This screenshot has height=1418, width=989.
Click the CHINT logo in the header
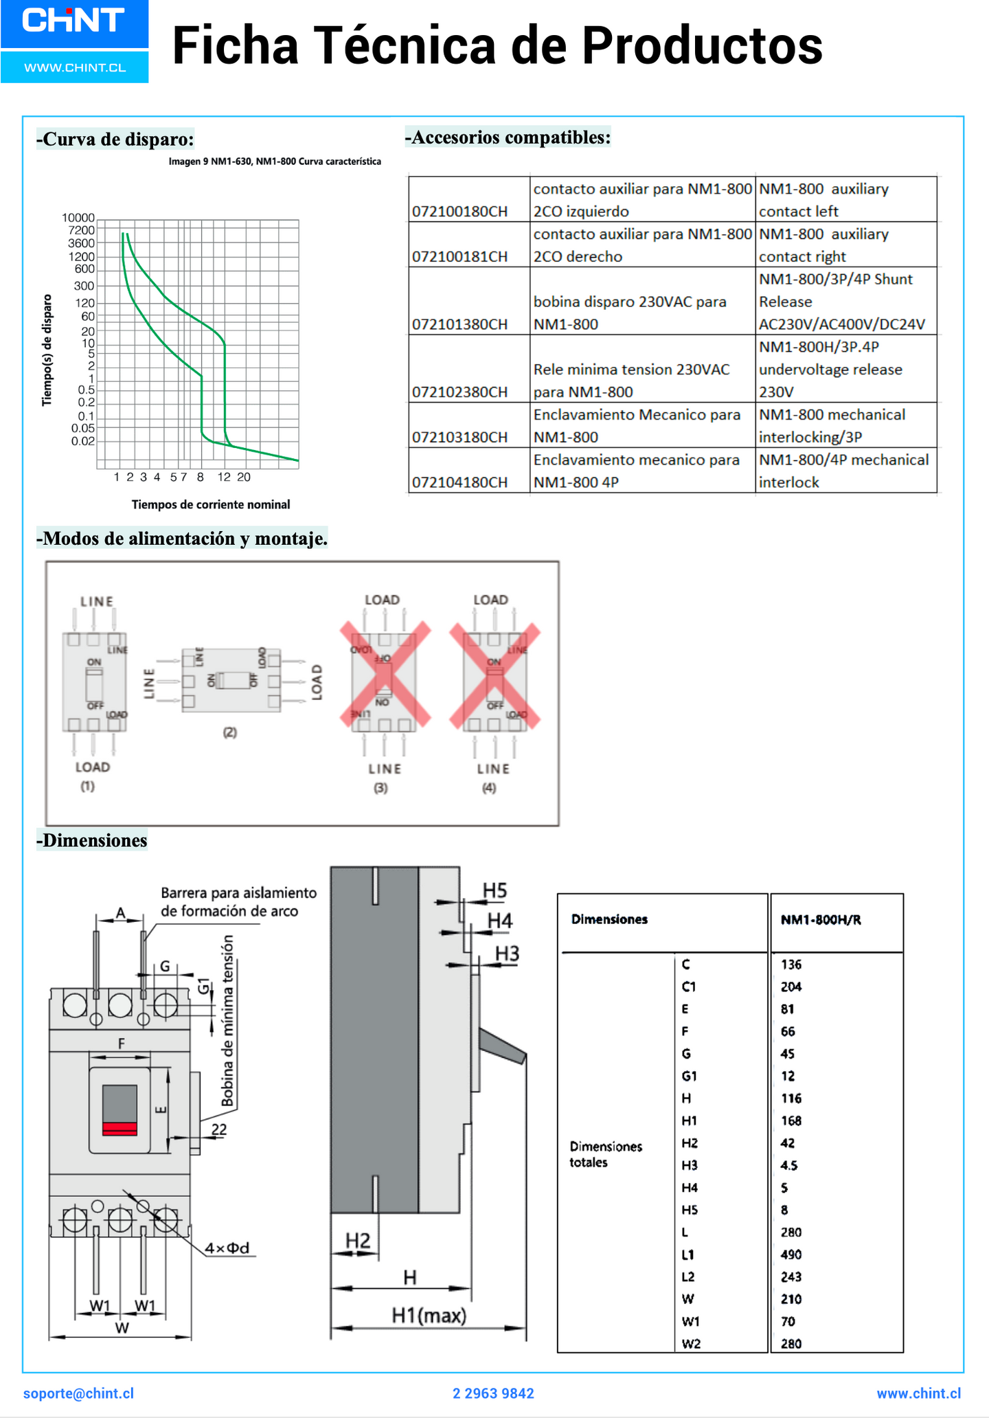pos(73,21)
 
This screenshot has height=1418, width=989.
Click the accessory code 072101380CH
pos(459,324)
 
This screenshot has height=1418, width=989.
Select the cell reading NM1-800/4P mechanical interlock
pos(844,471)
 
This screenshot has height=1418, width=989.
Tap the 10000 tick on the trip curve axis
pos(78,218)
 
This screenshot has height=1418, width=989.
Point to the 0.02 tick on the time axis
pos(82,441)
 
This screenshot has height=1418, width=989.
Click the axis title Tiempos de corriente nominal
pos(211,505)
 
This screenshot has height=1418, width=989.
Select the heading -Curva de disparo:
pos(115,139)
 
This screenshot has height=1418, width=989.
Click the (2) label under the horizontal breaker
pos(230,732)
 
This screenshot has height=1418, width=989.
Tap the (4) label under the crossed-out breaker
pos(489,788)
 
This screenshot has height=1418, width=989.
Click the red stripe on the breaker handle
pos(120,1128)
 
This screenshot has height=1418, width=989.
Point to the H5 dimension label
pos(494,891)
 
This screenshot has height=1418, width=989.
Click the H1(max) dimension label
pos(429,1316)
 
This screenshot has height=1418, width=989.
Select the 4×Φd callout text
pos(227,1248)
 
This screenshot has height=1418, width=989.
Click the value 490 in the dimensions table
pos(791,1254)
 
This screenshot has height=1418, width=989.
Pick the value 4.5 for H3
pos(789,1165)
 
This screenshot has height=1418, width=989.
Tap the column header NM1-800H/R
pos(821,920)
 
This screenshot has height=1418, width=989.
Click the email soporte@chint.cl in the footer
pos(79,1393)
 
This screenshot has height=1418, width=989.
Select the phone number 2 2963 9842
pos(493,1393)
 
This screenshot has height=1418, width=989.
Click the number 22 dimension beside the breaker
pos(219,1129)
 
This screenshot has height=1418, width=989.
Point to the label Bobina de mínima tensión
pos(227,1021)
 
